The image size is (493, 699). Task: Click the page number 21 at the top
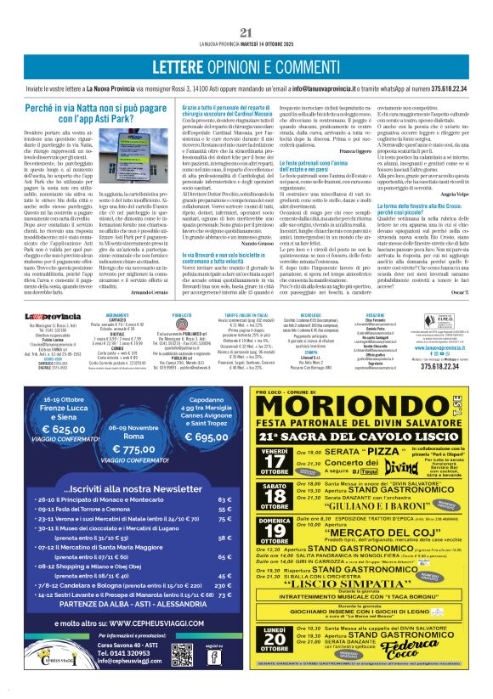tap(246, 32)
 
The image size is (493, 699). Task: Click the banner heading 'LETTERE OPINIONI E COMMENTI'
tap(246, 67)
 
